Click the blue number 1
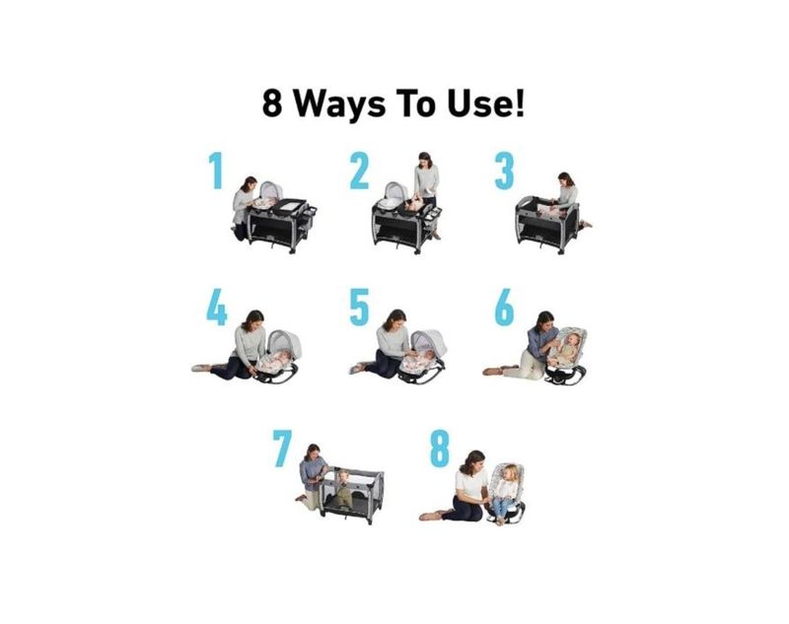click(x=216, y=171)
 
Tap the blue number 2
click(x=359, y=171)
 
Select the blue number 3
click(x=504, y=171)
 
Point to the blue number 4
click(x=217, y=307)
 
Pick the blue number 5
click(x=359, y=307)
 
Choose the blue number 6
click(x=504, y=307)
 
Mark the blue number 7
click(x=282, y=448)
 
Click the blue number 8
click(x=439, y=448)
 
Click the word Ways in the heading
click(x=339, y=104)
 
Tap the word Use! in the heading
click(x=485, y=103)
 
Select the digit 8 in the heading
click(x=272, y=104)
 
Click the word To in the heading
click(x=416, y=104)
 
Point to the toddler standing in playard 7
click(x=343, y=488)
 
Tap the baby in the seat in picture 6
click(x=567, y=348)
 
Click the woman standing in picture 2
click(x=427, y=194)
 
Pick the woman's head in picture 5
click(x=395, y=319)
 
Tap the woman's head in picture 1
click(x=250, y=183)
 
